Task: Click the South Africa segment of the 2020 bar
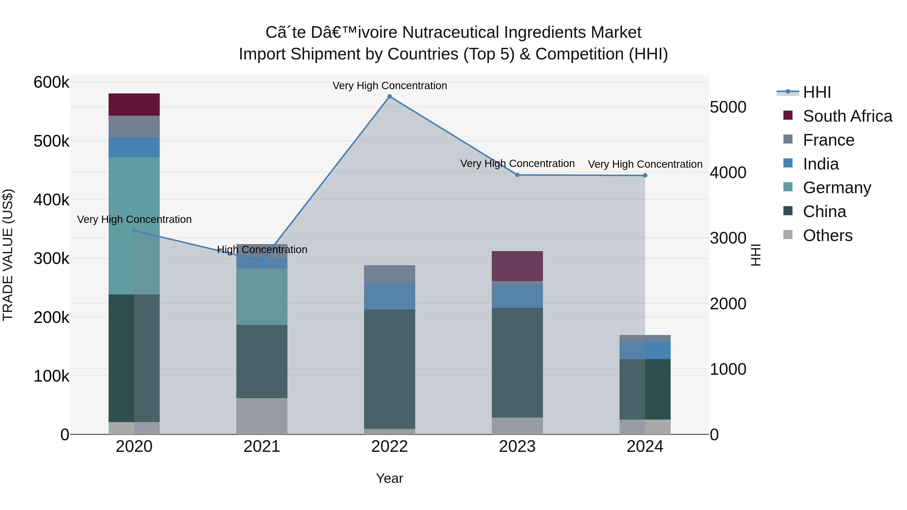click(134, 105)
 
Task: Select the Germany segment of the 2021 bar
click(262, 296)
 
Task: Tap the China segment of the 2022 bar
click(390, 369)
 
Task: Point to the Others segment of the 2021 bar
click(262, 416)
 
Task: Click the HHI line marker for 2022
click(390, 96)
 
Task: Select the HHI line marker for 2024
click(645, 175)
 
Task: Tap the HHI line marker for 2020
click(134, 230)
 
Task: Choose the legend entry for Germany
click(836, 188)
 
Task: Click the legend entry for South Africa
click(847, 116)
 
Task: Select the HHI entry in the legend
click(817, 92)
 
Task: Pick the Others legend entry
click(827, 235)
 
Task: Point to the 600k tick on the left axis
click(51, 83)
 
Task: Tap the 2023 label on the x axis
click(517, 447)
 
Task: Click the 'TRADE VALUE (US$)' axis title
click(8, 255)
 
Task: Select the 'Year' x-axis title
click(390, 478)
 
